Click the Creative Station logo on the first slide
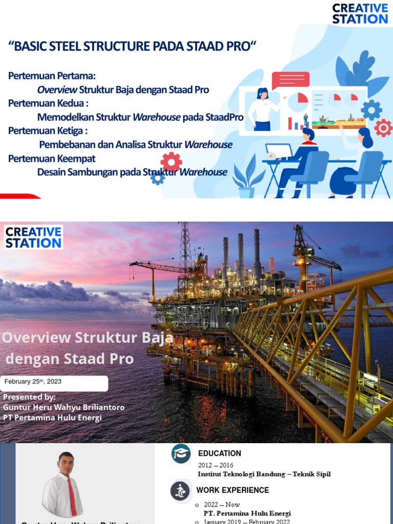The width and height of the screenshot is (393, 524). tap(360, 14)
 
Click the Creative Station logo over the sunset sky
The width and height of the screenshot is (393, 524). tap(33, 237)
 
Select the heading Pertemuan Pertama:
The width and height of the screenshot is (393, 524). tap(52, 76)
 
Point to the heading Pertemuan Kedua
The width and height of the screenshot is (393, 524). tap(49, 103)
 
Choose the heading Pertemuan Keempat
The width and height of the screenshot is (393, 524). tap(52, 158)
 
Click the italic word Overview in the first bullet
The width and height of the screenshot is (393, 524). tap(57, 90)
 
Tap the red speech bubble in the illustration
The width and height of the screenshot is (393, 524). tap(290, 80)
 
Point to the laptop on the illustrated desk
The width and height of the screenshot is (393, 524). tap(278, 152)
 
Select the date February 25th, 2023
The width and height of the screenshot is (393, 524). tap(33, 382)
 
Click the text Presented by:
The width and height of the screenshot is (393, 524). tap(29, 397)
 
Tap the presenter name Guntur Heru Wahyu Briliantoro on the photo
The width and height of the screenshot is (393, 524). tap(63, 407)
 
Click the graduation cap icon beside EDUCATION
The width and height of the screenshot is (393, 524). tap(181, 453)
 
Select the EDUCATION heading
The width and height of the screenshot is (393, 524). tap(220, 453)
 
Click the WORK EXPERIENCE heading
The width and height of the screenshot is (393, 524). tap(232, 490)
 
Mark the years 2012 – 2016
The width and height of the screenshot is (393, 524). tap(215, 465)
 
